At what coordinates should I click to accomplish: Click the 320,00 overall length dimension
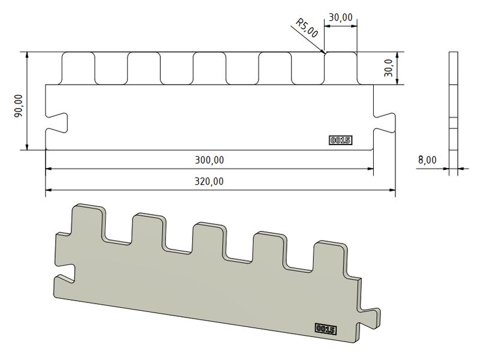click(x=208, y=181)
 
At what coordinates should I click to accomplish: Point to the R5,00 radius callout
click(x=307, y=29)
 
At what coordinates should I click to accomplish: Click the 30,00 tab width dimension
click(x=340, y=17)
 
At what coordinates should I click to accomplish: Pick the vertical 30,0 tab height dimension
click(x=388, y=68)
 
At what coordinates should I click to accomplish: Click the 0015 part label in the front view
click(x=340, y=140)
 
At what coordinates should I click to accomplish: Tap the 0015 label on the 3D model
click(x=325, y=329)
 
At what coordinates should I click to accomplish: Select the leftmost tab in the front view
click(x=79, y=68)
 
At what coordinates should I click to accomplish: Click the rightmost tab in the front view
click(x=341, y=68)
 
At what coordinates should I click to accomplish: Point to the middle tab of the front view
click(x=209, y=68)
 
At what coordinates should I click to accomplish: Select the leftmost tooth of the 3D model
click(x=88, y=222)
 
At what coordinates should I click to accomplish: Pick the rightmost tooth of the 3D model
click(x=329, y=258)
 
